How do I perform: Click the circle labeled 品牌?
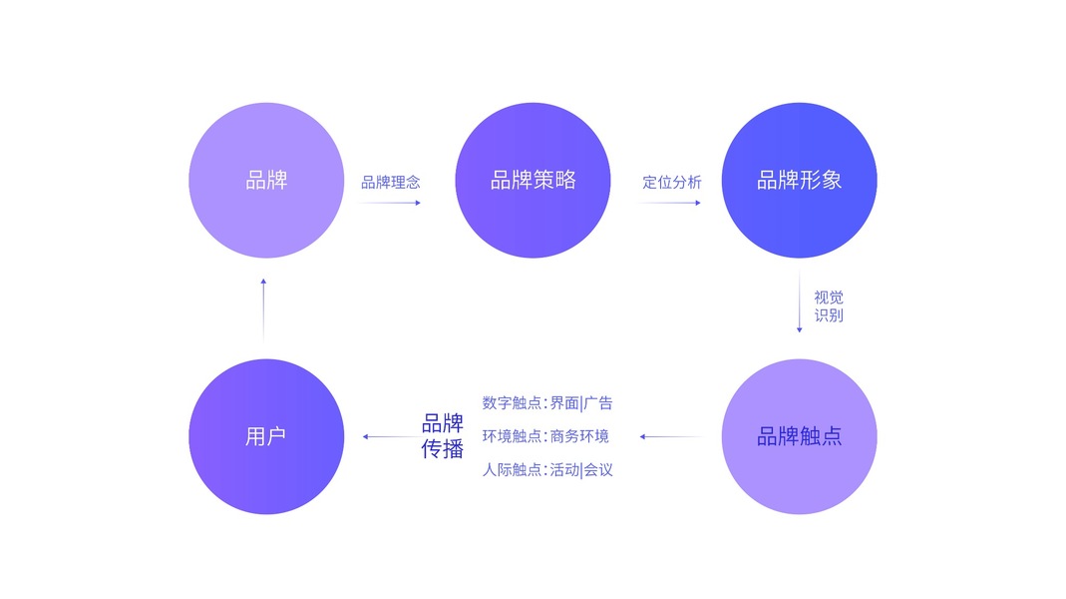[266, 181]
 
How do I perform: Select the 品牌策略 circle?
[533, 181]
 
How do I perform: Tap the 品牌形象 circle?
[799, 181]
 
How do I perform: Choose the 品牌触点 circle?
[799, 436]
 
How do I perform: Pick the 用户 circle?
[266, 436]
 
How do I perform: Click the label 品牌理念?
[391, 182]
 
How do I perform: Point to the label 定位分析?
[671, 182]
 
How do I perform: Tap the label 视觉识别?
[829, 306]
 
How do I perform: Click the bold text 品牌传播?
[443, 436]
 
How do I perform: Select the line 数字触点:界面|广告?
[547, 403]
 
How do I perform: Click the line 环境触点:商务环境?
[545, 436]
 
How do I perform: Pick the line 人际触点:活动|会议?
[547, 469]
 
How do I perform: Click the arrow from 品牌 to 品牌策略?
[391, 203]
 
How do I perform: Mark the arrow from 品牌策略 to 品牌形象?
[671, 203]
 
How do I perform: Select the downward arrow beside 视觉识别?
[799, 306]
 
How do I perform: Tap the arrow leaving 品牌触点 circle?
[671, 436]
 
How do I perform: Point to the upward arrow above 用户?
[263, 309]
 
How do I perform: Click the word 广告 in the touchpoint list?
[598, 403]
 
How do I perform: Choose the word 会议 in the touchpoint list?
[598, 469]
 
